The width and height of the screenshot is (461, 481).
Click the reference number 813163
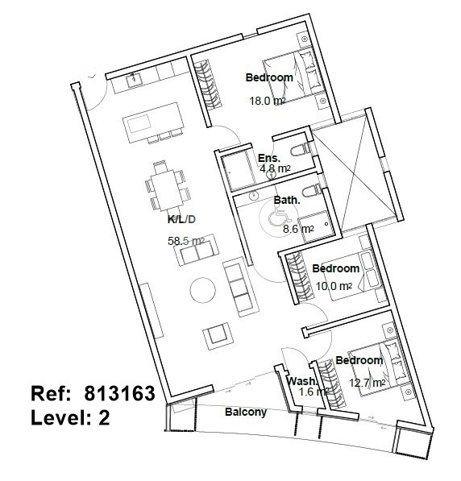(120, 393)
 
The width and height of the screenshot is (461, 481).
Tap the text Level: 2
(70, 417)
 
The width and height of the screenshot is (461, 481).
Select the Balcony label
(246, 412)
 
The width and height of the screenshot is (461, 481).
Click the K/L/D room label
(181, 219)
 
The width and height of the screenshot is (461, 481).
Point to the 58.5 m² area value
(186, 241)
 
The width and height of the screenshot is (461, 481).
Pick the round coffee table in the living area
(202, 290)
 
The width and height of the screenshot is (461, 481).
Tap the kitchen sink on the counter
(134, 79)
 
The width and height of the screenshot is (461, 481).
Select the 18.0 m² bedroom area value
(268, 101)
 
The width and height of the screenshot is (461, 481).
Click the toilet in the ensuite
(300, 150)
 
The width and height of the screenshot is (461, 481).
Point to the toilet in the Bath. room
(311, 192)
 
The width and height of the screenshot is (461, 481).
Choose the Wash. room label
(301, 381)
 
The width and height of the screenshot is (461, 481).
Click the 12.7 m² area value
(368, 383)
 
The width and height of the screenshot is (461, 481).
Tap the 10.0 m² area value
(334, 286)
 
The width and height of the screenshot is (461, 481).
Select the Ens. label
(269, 158)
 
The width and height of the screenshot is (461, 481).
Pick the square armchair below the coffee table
(218, 336)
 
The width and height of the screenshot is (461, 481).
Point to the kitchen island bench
(153, 122)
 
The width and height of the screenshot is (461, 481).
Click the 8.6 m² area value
(298, 229)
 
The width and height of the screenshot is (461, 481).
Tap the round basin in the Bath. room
(254, 196)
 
